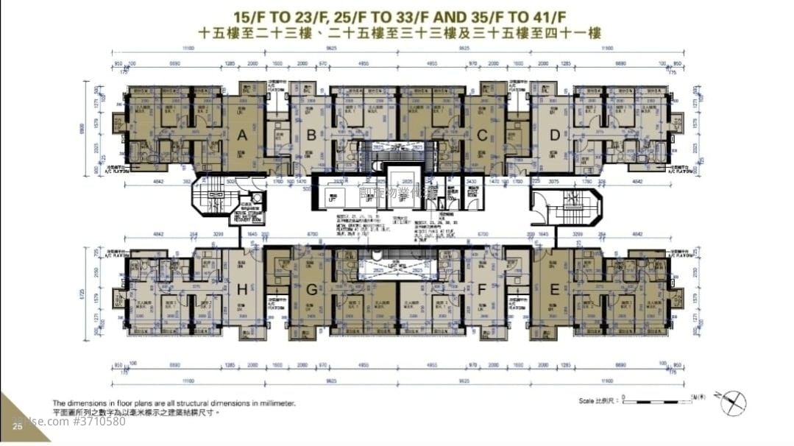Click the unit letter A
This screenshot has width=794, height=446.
(241, 135)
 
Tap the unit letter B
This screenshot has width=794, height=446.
(311, 135)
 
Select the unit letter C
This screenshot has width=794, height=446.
(482, 135)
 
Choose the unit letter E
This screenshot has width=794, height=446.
(553, 289)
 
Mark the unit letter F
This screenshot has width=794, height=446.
(482, 289)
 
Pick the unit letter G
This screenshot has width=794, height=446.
(312, 289)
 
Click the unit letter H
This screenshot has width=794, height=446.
(241, 289)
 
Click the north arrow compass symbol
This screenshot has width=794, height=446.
(733, 403)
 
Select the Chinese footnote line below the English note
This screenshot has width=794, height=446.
(136, 413)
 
